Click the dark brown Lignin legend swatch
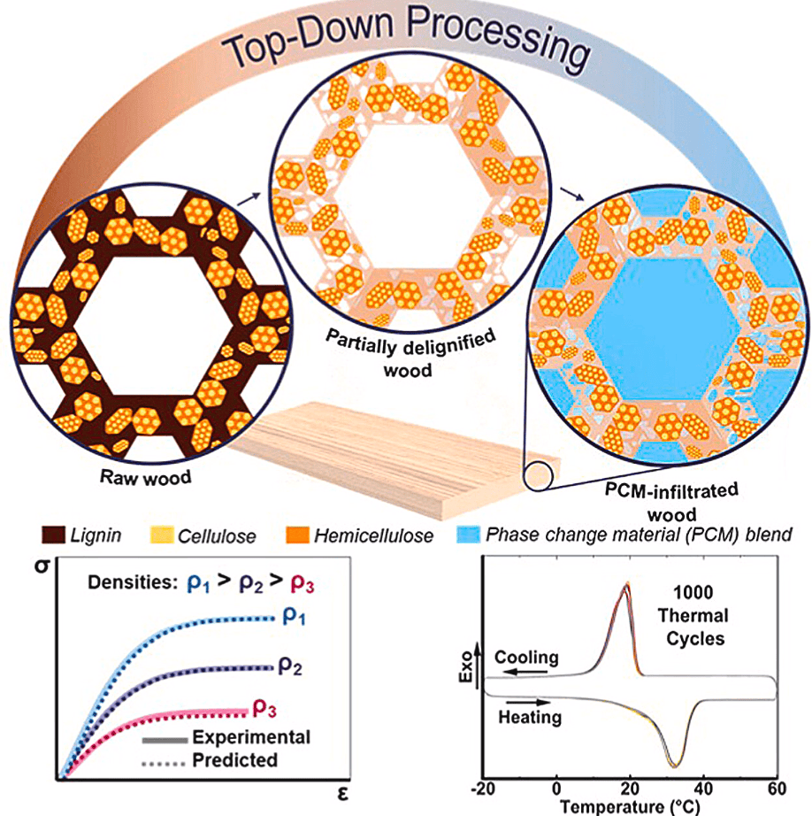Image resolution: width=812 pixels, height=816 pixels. point(52,535)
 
